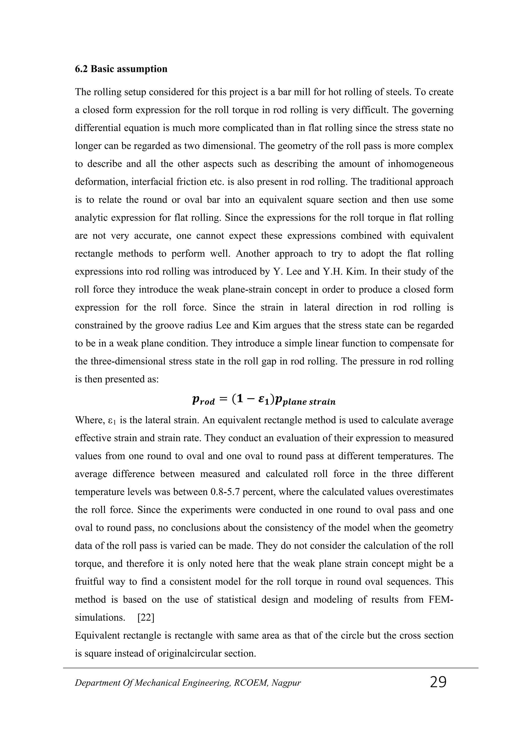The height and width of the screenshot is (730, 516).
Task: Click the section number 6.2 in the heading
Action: (82, 69)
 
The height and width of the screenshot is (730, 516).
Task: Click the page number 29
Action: (438, 682)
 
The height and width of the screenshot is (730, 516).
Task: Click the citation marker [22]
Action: (146, 617)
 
